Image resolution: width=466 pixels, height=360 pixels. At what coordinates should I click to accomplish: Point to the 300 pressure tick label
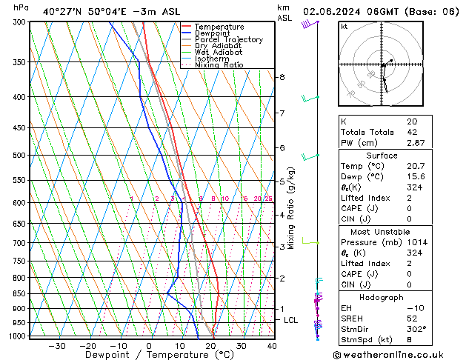pyautogui.click(x=20, y=22)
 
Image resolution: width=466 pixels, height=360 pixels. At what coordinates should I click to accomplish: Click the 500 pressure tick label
pyautogui.click(x=20, y=156)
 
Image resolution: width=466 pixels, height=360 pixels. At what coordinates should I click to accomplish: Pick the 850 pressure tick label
pyautogui.click(x=20, y=293)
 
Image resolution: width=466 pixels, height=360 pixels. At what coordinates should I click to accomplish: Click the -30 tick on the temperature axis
pyautogui.click(x=56, y=346)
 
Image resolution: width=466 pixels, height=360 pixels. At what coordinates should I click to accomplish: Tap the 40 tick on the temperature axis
pyautogui.click(x=272, y=346)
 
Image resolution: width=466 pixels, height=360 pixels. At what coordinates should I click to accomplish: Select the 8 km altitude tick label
pyautogui.click(x=282, y=77)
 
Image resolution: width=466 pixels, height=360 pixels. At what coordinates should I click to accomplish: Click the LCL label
pyautogui.click(x=291, y=320)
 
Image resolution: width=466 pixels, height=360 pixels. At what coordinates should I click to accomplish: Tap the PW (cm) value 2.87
pyautogui.click(x=416, y=142)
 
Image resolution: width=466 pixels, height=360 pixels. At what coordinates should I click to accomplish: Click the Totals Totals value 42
pyautogui.click(x=411, y=132)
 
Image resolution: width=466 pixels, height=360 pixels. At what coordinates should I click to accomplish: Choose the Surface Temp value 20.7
pyautogui.click(x=416, y=167)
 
